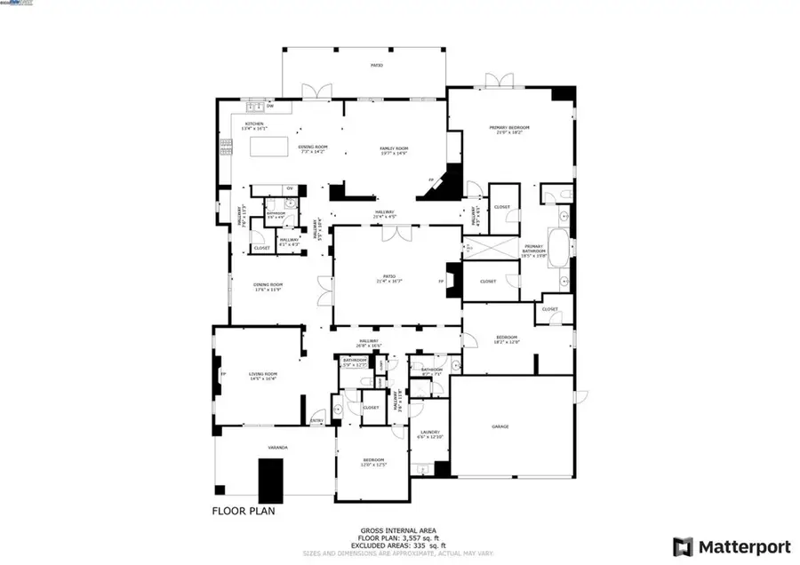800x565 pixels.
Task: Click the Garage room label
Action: pos(500,427)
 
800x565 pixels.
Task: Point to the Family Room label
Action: pos(393,149)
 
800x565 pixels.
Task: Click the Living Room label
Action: pos(264,376)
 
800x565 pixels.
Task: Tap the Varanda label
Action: pos(277,448)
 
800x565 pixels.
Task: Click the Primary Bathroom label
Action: pos(533,249)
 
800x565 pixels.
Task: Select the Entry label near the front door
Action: pos(316,421)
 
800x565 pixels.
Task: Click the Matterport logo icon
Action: pos(683,545)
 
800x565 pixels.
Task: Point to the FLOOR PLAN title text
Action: pos(244,511)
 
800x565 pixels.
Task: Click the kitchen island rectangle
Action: pos(268,147)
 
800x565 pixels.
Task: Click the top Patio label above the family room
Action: pos(377,66)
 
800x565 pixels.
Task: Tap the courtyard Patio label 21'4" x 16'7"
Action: pos(389,279)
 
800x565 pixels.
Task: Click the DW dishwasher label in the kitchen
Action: pos(270,107)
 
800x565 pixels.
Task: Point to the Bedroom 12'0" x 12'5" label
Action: pos(371,464)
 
